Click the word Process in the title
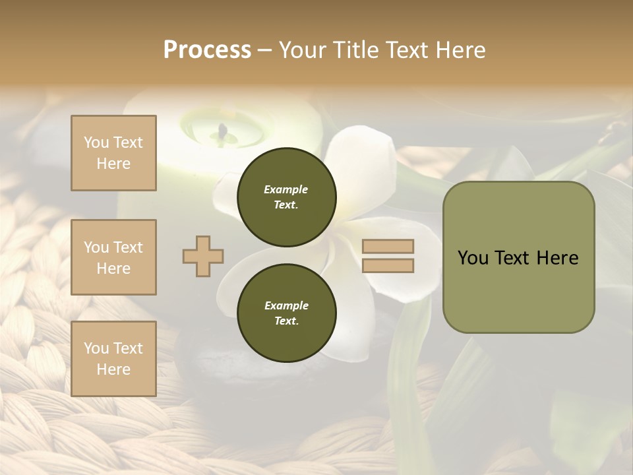207,49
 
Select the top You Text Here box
113,153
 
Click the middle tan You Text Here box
113,257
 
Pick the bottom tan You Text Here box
113,359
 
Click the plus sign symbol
203,255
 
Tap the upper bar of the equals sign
388,247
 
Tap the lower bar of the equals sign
388,266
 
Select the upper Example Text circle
286,197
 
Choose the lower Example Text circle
286,313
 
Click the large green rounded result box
518,257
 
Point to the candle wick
224,131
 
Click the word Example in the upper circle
286,189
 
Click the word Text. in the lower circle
286,321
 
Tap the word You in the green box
473,258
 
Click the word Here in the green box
557,258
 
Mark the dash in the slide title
264,51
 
